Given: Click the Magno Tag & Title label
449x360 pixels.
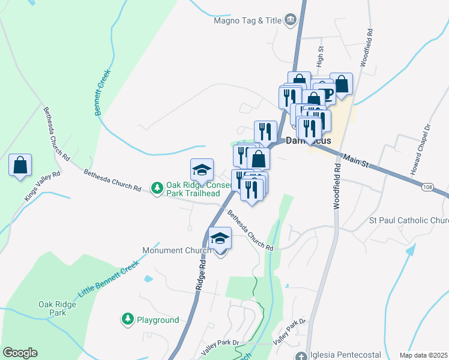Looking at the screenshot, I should point(247,20).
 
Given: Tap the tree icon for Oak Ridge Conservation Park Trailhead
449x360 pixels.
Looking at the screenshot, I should point(157,188).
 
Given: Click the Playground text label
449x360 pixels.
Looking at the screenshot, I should point(157,320).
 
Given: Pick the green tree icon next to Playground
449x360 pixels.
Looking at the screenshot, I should point(127,320).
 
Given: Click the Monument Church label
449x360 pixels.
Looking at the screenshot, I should point(176,250).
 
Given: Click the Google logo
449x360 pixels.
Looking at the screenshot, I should point(20,353).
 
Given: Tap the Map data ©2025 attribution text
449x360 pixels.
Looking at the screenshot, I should point(423,355).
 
